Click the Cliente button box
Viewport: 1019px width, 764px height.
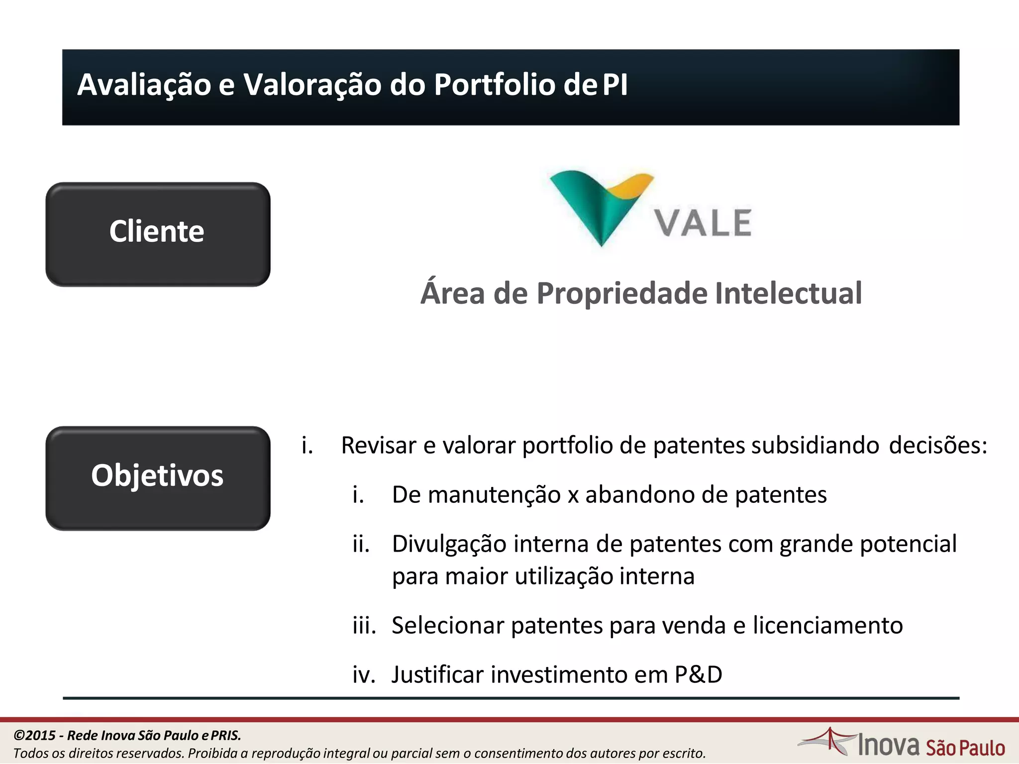point(158,234)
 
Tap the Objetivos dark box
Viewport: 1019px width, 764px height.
point(158,477)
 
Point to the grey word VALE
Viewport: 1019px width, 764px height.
point(702,223)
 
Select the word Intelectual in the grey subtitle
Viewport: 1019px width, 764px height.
point(788,293)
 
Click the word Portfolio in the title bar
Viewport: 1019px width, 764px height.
point(494,85)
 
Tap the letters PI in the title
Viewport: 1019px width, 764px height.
point(615,85)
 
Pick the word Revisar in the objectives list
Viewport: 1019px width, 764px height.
point(379,445)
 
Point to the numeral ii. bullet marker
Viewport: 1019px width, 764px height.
point(361,544)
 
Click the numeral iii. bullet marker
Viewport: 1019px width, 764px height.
point(364,625)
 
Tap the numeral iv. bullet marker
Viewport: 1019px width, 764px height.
point(364,675)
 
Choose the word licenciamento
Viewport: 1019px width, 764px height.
point(827,625)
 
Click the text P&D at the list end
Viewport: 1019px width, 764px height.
point(698,675)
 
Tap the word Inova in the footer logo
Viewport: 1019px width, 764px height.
point(889,745)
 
